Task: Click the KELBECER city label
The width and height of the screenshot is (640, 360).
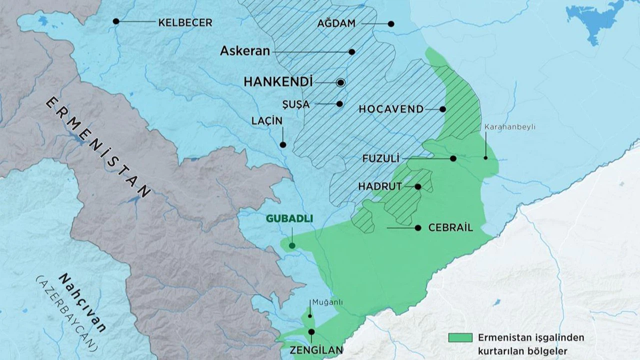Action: tap(185, 22)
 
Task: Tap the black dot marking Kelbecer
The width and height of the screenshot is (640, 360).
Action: tap(116, 21)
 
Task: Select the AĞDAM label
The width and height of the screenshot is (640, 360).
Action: tap(336, 23)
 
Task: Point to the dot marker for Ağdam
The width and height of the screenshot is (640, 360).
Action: tap(391, 24)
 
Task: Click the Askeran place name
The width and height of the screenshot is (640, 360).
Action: tap(245, 51)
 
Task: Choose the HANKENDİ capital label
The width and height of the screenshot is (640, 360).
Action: tap(278, 82)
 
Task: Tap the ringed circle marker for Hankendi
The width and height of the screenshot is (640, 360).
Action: tap(341, 83)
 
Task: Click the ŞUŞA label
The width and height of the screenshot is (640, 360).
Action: tap(296, 104)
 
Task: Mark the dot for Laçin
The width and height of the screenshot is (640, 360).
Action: tap(283, 145)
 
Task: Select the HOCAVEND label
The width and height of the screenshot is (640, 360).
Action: tap(391, 109)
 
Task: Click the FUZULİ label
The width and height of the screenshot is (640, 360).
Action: tap(381, 159)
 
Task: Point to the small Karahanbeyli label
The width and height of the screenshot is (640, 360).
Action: tap(509, 127)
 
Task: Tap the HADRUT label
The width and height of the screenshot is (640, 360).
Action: tap(380, 186)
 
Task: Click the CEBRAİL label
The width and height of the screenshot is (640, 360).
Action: tap(450, 228)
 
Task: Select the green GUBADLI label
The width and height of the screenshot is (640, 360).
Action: tap(289, 218)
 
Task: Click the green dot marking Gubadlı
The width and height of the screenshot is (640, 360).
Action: tap(292, 245)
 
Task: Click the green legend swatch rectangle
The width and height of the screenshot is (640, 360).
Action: tap(460, 337)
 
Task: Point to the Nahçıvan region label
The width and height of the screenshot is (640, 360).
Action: tap(82, 303)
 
